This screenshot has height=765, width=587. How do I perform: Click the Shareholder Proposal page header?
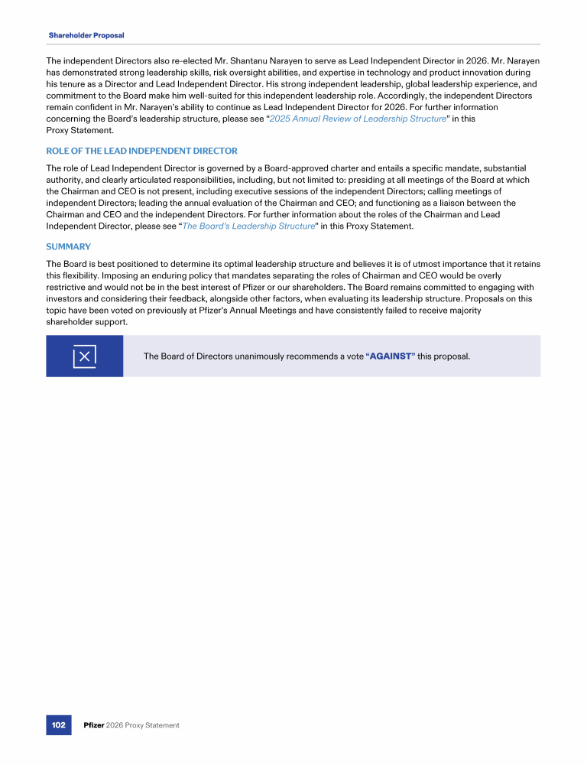point(86,35)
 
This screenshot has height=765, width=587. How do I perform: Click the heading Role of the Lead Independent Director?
point(141,151)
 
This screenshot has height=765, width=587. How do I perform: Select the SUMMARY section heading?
point(68,246)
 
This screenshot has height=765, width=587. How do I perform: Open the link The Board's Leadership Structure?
point(248,226)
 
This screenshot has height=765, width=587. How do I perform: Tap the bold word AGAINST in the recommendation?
point(391,356)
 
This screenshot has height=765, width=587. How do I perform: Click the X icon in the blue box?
point(84,356)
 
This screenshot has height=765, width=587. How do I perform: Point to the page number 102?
point(58,724)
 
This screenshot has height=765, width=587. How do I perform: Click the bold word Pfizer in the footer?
point(94,725)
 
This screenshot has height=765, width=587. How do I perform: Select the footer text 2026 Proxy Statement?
point(144,725)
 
